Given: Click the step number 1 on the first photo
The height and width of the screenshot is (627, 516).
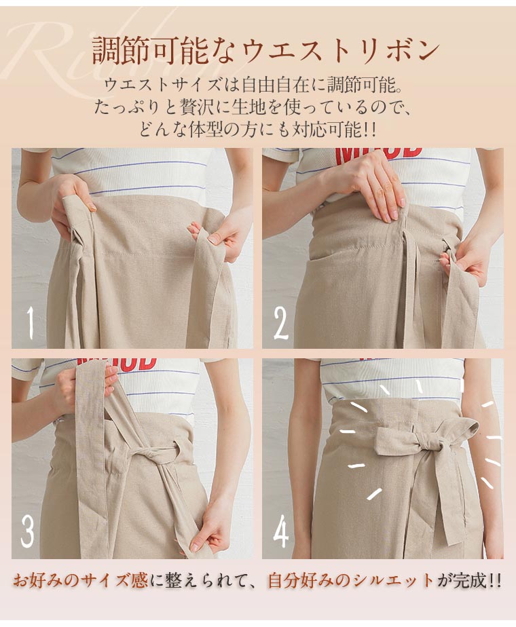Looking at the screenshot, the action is pyautogui.click(x=31, y=322).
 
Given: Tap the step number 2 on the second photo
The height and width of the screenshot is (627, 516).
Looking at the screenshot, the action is pyautogui.click(x=281, y=323).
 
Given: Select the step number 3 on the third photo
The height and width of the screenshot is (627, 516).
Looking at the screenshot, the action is pyautogui.click(x=27, y=531).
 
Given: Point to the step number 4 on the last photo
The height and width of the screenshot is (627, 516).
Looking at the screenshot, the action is pyautogui.click(x=281, y=531).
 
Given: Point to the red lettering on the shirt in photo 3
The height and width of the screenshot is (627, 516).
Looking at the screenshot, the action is pyautogui.click(x=117, y=363).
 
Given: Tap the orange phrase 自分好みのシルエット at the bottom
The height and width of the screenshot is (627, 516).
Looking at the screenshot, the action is pyautogui.click(x=350, y=581).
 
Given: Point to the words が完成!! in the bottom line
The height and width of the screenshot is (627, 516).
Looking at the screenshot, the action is pyautogui.click(x=468, y=581).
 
